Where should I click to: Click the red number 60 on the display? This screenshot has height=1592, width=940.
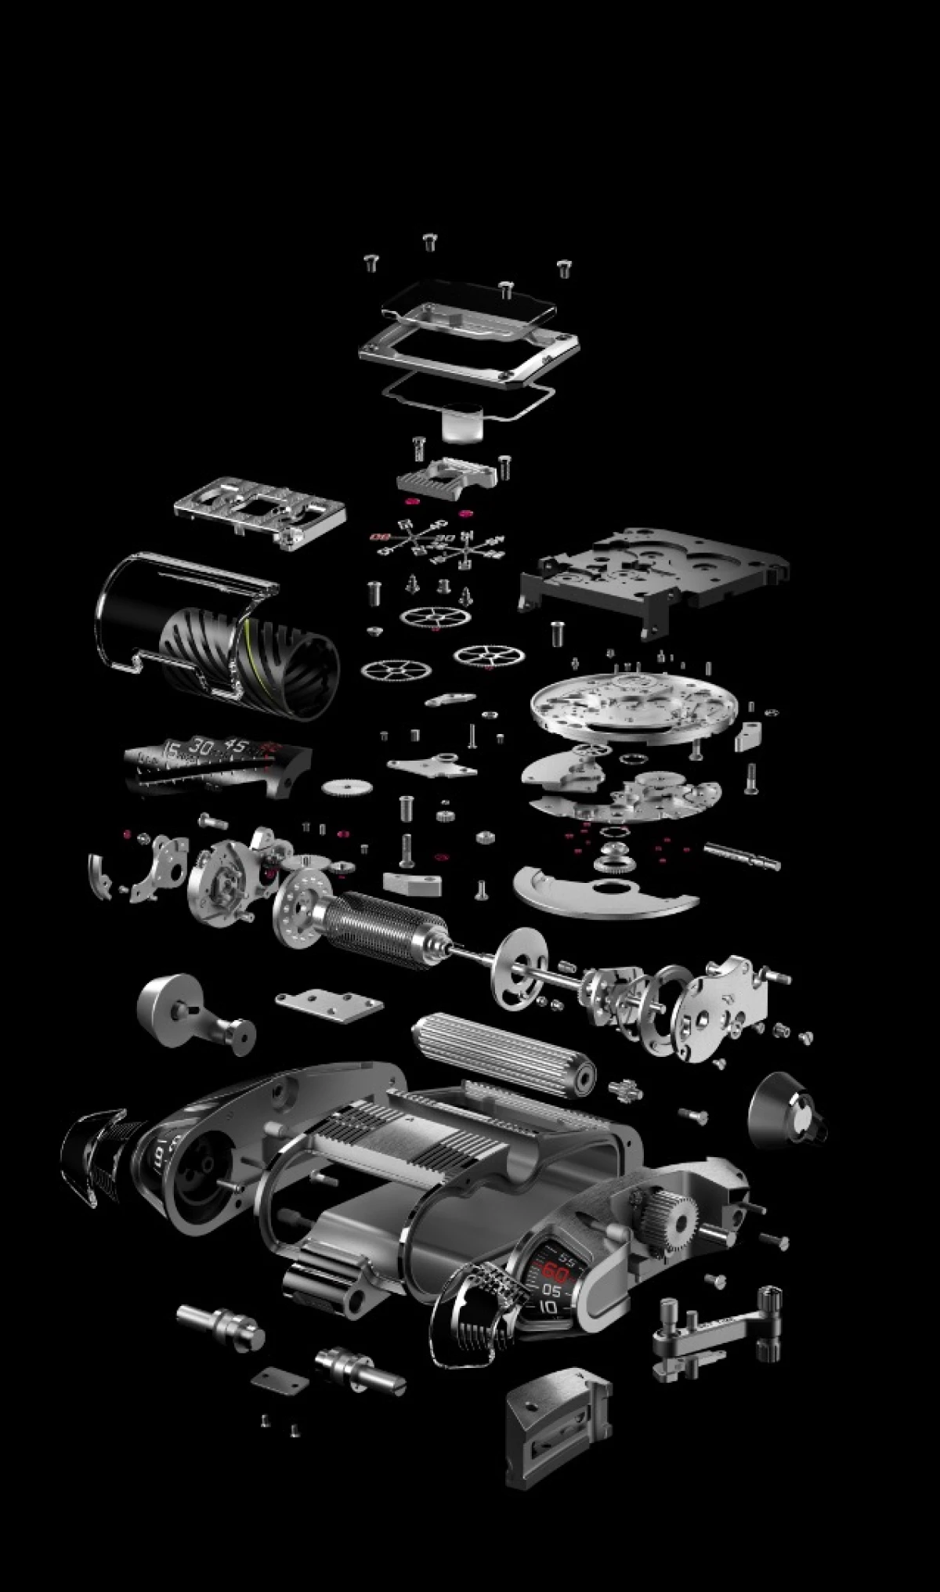(557, 1271)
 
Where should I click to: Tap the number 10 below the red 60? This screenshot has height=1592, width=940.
(549, 1306)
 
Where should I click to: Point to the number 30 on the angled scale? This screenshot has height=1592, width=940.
(199, 747)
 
